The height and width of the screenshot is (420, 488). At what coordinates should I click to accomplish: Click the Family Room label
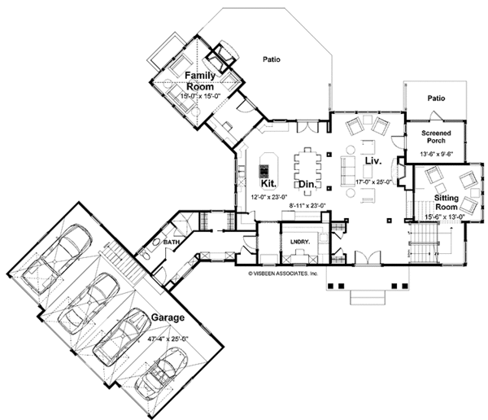click(x=199, y=81)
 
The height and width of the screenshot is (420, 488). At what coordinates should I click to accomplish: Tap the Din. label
click(x=306, y=186)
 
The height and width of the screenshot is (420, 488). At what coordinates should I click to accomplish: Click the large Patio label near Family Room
click(x=271, y=59)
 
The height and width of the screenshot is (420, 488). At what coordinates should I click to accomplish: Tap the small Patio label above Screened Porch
click(x=437, y=98)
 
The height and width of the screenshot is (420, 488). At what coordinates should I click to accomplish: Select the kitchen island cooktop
click(x=264, y=171)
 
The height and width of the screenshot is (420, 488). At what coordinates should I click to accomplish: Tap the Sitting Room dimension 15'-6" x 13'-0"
click(x=444, y=217)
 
